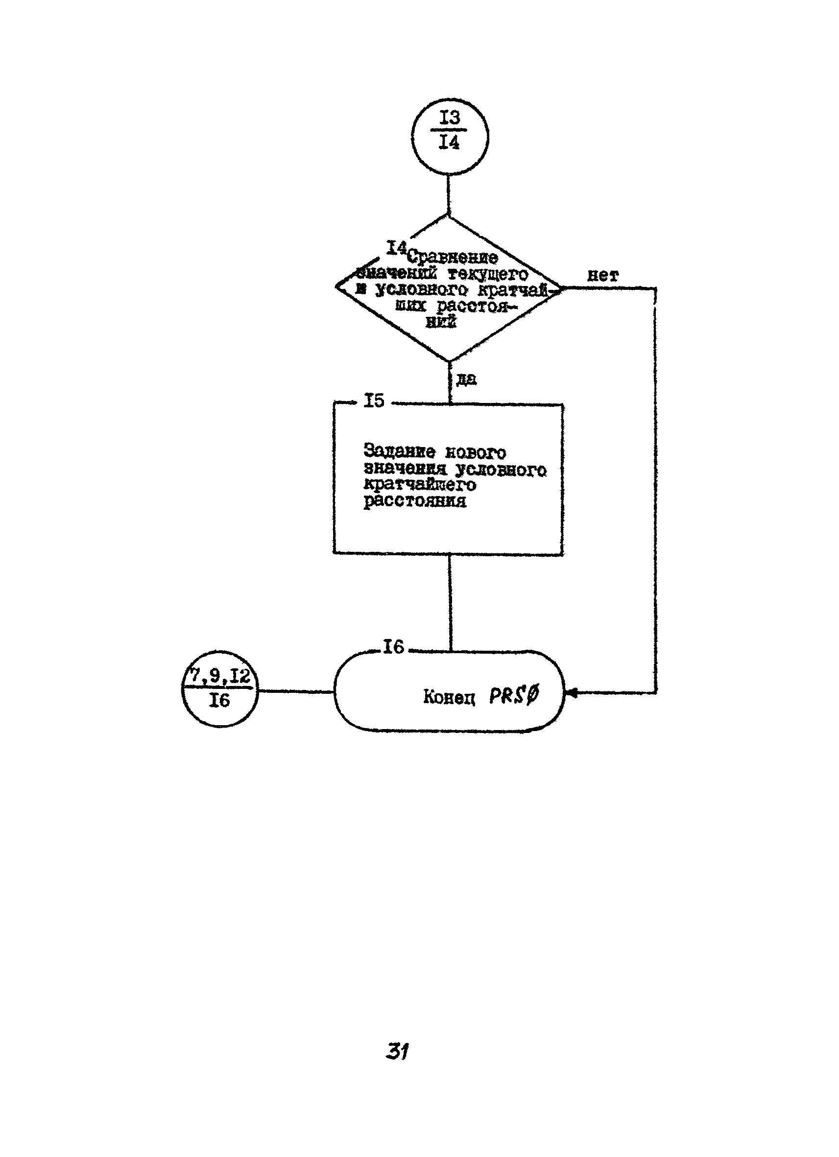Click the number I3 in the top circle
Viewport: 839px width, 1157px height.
[449, 118]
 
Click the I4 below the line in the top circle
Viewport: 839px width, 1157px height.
[449, 143]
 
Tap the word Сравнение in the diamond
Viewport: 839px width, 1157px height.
[453, 258]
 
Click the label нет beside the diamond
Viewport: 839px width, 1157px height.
[603, 276]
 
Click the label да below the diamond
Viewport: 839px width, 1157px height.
[466, 379]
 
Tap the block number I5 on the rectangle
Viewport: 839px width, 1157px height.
[374, 401]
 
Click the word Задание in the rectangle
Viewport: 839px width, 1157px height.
[400, 451]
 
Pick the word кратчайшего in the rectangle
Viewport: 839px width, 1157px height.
[419, 485]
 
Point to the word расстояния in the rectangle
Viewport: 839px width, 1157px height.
[414, 501]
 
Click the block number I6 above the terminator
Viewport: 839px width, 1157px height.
[393, 647]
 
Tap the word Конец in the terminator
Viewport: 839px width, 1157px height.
[449, 697]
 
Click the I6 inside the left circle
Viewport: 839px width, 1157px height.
[219, 702]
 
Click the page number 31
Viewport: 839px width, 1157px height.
[398, 1051]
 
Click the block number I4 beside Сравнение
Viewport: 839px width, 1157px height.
[396, 248]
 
